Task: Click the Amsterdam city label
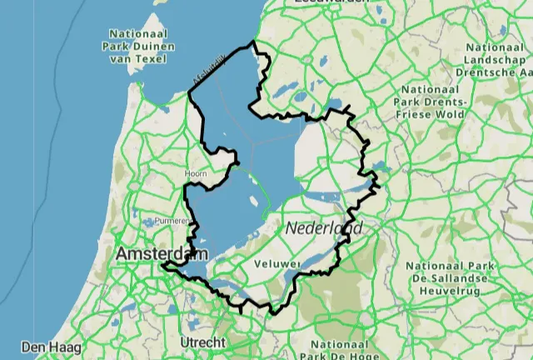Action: (163, 252)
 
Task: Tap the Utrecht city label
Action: (202, 342)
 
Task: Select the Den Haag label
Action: (43, 346)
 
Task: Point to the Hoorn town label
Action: (196, 173)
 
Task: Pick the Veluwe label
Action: (278, 264)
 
